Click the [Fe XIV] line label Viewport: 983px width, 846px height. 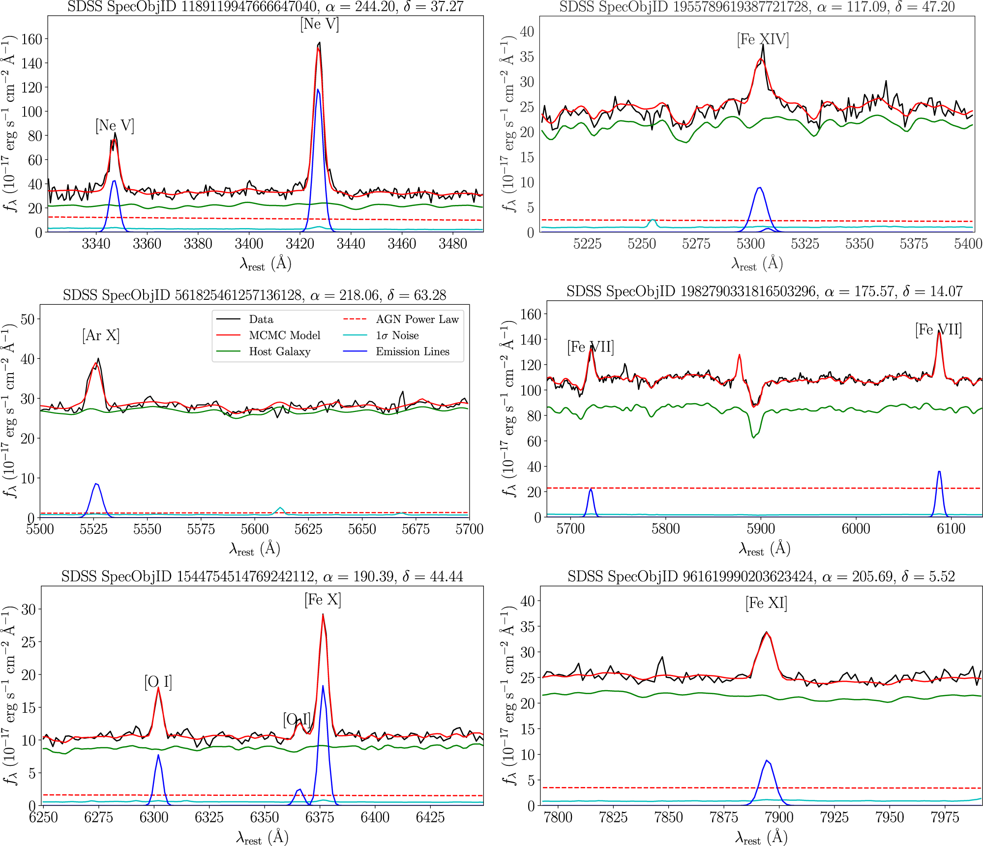(763, 40)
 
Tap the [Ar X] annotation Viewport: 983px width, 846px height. (101, 336)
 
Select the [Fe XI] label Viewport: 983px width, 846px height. (766, 603)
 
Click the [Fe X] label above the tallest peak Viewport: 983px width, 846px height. (323, 600)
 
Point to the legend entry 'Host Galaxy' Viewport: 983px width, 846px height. (279, 351)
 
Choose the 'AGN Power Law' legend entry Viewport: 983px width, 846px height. (417, 320)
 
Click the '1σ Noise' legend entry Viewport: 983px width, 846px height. (397, 336)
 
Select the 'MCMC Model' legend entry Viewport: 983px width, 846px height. (284, 336)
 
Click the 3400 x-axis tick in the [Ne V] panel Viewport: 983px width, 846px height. (249, 244)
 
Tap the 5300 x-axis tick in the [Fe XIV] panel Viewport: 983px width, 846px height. (750, 244)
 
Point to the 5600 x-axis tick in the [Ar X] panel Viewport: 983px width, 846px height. (255, 529)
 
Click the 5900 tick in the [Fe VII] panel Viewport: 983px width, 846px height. (761, 529)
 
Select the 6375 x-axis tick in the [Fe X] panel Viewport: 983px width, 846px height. (320, 817)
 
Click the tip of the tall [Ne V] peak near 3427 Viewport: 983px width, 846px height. (319, 43)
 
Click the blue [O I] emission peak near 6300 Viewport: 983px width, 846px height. (158, 755)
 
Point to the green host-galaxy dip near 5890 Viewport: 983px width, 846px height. (753, 437)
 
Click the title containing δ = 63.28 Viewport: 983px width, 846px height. (254, 295)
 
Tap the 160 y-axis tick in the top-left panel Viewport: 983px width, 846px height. (32, 39)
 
